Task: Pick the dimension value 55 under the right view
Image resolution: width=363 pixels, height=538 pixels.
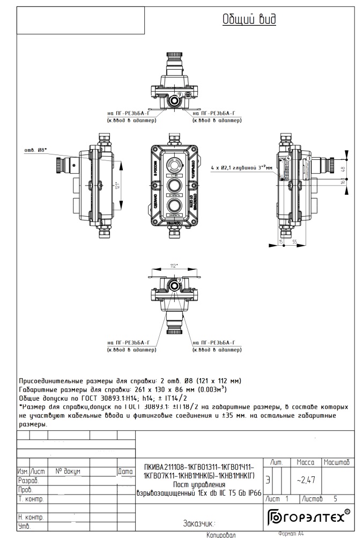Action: (295, 242)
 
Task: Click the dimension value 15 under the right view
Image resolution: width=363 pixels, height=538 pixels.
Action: (281, 242)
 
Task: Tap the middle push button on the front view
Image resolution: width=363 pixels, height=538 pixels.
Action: (174, 186)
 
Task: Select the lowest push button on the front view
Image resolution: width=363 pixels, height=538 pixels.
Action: (174, 207)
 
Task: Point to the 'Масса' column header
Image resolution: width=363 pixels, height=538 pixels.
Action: (305, 462)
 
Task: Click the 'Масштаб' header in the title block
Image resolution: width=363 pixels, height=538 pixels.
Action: (337, 462)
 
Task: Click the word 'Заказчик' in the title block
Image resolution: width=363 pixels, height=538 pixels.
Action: (199, 523)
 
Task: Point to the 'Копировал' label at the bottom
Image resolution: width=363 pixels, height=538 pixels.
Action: (220, 534)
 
